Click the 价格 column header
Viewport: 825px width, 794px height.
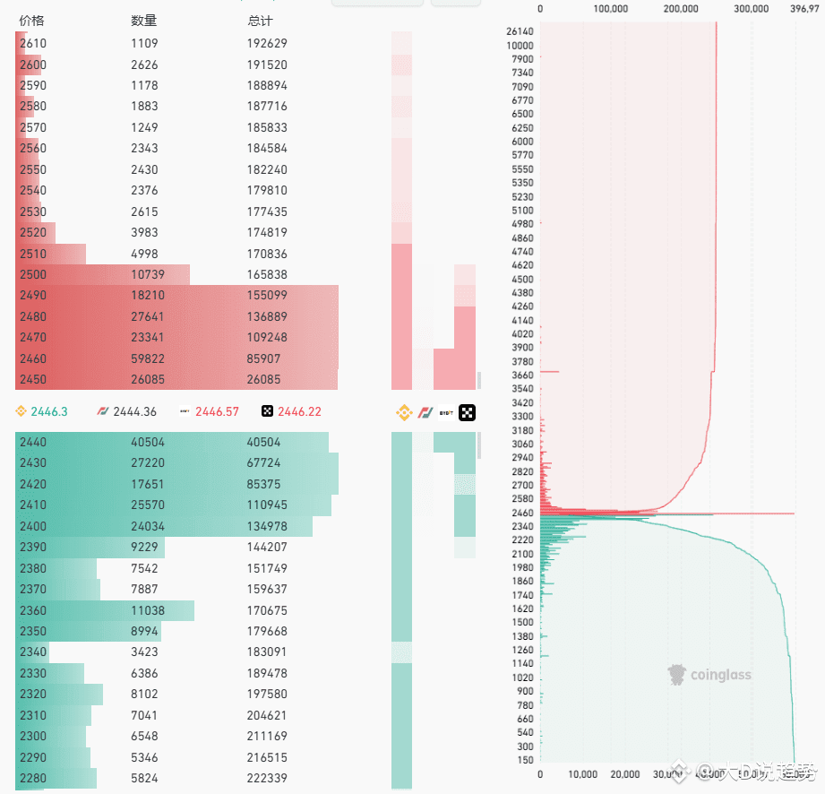point(31,21)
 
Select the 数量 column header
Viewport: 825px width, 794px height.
point(143,21)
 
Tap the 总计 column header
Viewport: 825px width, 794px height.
point(260,21)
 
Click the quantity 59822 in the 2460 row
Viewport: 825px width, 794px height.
point(148,358)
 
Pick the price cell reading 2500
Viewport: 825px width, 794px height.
point(33,274)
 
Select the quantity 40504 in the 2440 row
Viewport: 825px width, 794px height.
point(148,442)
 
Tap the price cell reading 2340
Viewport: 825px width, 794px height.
point(33,652)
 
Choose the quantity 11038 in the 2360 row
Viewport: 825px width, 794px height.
point(148,610)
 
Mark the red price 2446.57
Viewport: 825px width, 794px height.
point(219,411)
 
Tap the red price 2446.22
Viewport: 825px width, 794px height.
point(299,411)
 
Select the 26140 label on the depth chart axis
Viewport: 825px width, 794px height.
point(520,31)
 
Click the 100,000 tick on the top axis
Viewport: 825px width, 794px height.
point(610,9)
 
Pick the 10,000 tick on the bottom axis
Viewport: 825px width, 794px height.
point(582,774)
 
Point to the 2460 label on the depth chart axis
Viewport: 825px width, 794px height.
point(521,513)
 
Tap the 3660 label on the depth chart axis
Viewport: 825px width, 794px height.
point(521,375)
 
